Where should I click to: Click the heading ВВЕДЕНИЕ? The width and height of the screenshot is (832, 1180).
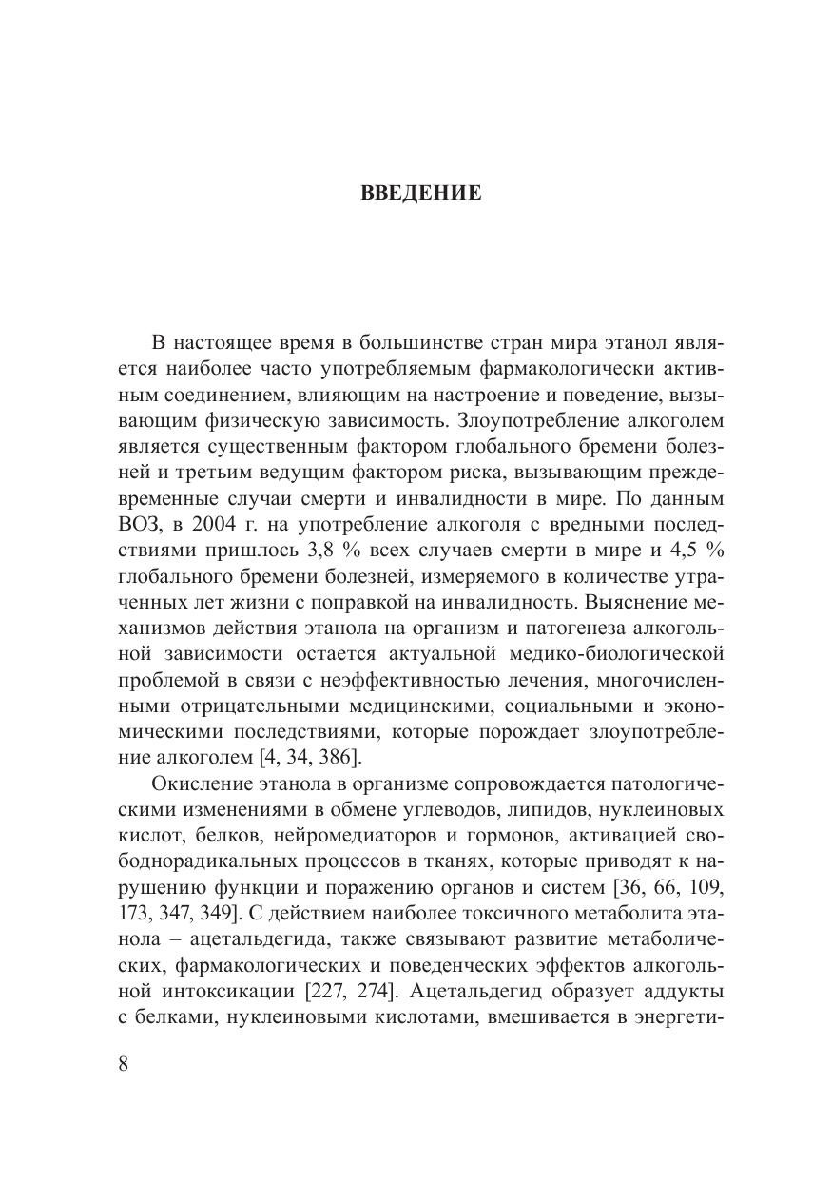click(x=421, y=194)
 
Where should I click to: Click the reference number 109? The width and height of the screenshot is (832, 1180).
click(x=707, y=887)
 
